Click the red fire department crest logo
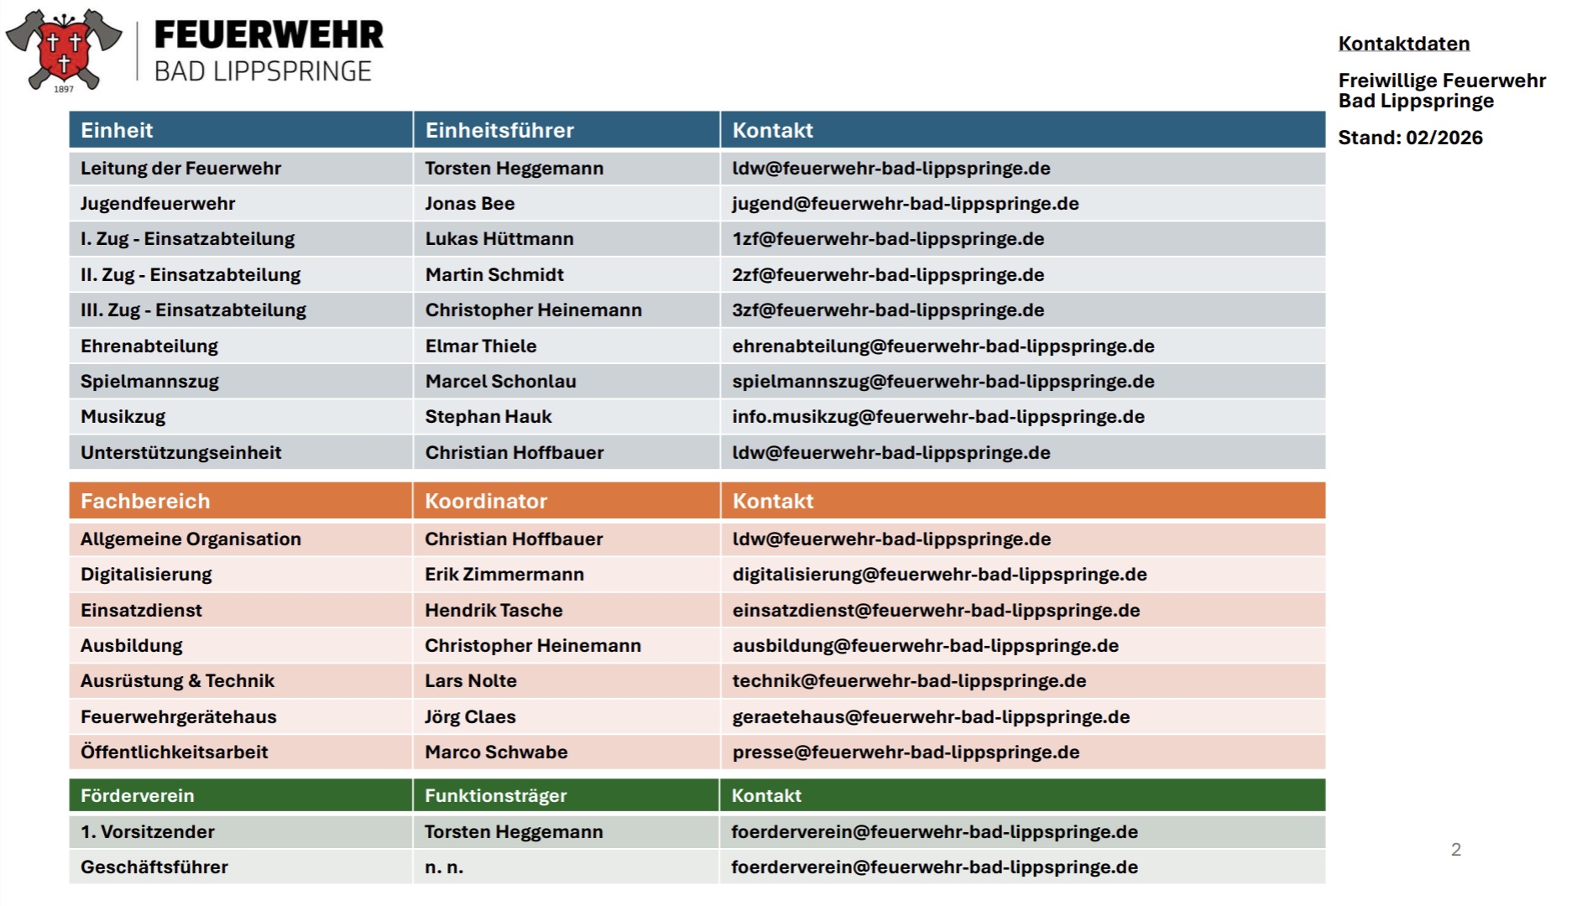pos(64,49)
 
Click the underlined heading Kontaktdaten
pos(1403,44)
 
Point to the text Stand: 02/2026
pos(1410,138)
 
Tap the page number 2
pos(1456,850)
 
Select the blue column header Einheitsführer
pos(499,130)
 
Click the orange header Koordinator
pos(486,501)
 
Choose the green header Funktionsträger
pos(495,795)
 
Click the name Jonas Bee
pos(469,204)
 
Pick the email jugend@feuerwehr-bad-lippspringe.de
pos(905,204)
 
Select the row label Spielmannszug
pos(149,382)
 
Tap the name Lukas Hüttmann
pos(499,239)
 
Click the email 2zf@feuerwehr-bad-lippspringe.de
pos(888,275)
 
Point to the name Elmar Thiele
pos(480,346)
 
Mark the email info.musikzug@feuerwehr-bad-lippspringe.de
pos(937,417)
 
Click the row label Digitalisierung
pos(146,575)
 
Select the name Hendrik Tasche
pos(494,611)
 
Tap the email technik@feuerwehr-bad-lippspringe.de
pos(909,681)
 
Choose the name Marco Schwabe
pos(496,752)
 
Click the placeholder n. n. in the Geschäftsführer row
pos(444,867)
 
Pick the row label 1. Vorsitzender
pos(148,832)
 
